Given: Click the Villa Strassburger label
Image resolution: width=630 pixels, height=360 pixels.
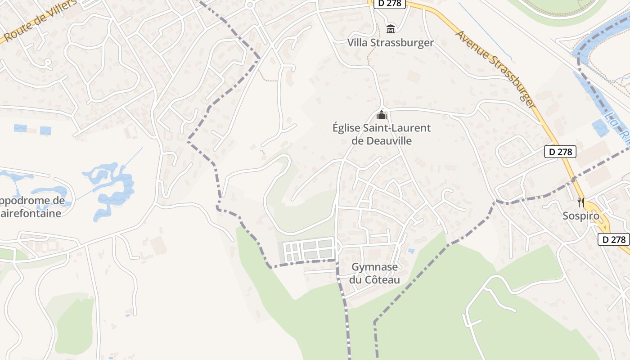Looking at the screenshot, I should click(x=390, y=43).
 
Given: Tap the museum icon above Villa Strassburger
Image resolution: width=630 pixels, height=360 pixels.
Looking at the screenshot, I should click(x=391, y=29).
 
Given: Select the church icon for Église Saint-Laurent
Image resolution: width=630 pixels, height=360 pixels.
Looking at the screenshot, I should click(x=382, y=115).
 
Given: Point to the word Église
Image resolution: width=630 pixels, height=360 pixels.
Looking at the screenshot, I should click(x=347, y=128).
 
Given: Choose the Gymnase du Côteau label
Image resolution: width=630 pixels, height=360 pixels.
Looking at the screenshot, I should click(x=374, y=274).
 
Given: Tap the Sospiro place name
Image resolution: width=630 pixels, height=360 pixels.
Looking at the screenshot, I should click(x=581, y=216).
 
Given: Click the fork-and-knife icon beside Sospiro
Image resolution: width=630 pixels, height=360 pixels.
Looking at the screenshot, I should click(x=581, y=202).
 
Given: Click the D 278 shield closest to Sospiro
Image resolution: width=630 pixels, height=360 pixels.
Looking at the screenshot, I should click(x=614, y=239).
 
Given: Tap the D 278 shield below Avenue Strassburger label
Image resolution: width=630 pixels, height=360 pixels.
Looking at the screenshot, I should click(x=560, y=152).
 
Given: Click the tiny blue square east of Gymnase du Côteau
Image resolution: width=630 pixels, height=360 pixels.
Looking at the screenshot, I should click(x=411, y=251).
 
